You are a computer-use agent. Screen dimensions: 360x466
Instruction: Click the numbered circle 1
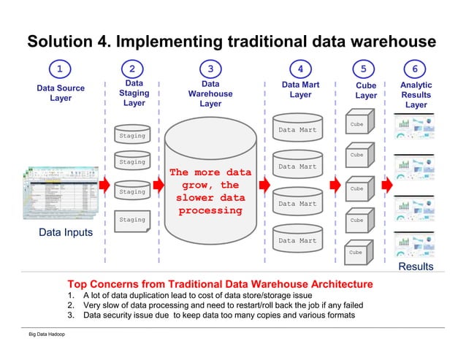click(x=60, y=69)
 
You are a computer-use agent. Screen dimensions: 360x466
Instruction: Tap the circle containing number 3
click(x=210, y=69)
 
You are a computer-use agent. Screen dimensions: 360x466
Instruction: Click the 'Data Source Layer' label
click(x=61, y=93)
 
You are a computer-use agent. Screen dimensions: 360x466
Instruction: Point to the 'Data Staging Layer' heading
click(x=134, y=93)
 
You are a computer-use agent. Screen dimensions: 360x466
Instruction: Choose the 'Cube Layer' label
click(x=366, y=91)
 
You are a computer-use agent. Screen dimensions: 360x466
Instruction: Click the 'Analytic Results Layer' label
click(x=416, y=95)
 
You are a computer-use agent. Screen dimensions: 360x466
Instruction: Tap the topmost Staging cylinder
click(x=132, y=133)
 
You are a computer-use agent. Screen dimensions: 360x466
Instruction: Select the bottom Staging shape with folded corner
click(x=132, y=219)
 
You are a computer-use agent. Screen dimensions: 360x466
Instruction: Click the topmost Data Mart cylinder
click(x=297, y=129)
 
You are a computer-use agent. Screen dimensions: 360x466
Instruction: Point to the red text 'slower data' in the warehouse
click(x=210, y=198)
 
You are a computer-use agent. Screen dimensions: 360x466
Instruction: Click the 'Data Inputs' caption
click(x=66, y=233)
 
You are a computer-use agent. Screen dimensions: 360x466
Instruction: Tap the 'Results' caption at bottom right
click(x=416, y=267)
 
